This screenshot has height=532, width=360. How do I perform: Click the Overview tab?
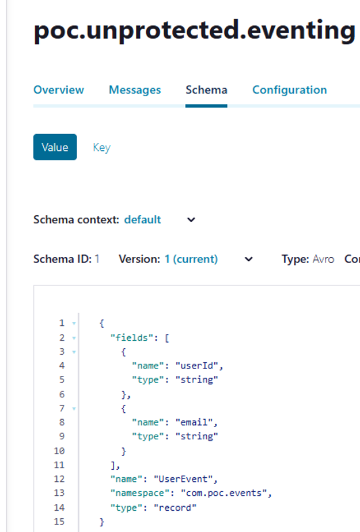coord(58,90)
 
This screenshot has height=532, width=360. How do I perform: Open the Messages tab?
coord(135,90)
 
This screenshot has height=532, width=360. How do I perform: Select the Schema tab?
coord(206,90)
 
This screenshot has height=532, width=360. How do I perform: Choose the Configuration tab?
coord(289,90)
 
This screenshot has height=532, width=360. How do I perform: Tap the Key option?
coord(102,147)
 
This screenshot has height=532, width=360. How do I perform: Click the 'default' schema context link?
coord(142,219)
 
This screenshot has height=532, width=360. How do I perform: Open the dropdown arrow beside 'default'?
coord(191,220)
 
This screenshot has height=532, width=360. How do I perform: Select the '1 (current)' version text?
coord(191,259)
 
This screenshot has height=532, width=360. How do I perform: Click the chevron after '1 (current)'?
coord(249,260)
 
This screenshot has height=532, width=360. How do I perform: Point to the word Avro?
coord(323,259)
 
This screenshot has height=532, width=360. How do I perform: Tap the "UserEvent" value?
coord(183,479)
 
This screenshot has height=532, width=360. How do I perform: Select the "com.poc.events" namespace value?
coord(223,493)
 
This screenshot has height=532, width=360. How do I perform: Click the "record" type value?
coord(175,508)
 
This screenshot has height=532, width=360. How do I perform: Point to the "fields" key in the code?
coord(131,338)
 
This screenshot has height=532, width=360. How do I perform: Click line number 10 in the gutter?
coord(59,451)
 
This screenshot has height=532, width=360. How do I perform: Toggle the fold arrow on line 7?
coord(74,409)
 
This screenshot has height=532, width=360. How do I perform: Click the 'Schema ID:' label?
coord(62,259)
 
